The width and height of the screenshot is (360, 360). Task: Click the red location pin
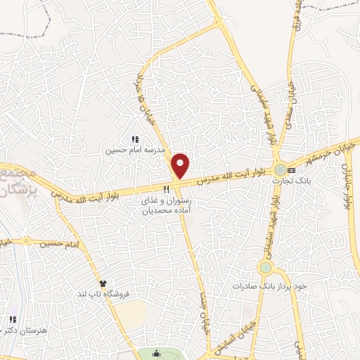181,166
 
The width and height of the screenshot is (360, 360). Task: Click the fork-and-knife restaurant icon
166,189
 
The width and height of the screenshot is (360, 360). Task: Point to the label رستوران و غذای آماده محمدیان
164,205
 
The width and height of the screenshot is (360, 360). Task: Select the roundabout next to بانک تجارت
281,170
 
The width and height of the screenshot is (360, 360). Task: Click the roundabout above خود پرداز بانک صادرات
265,268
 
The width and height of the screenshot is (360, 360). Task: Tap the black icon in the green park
156,353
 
